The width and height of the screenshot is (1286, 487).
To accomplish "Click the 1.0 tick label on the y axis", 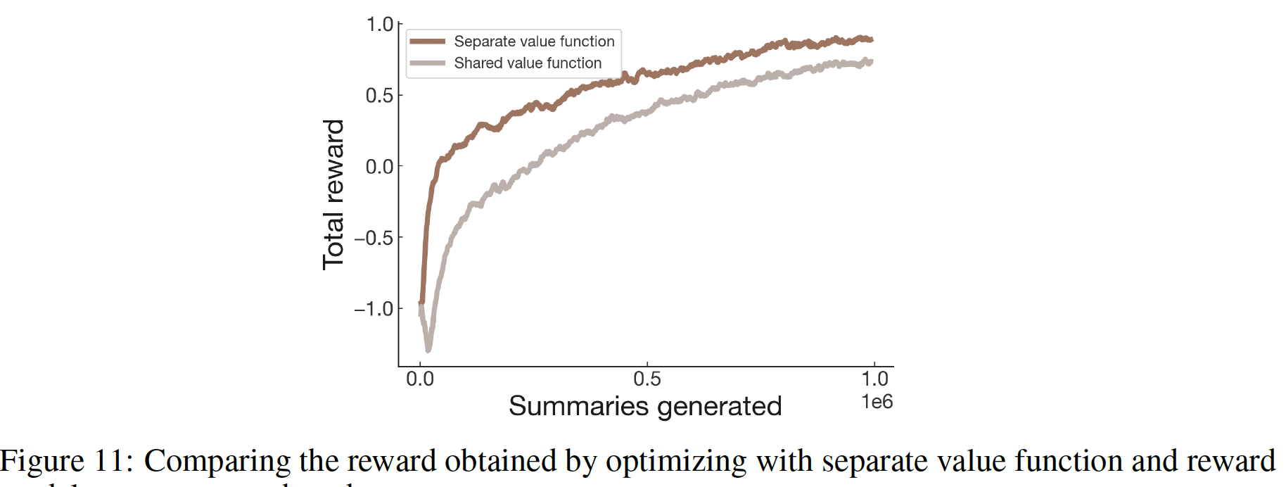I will pyautogui.click(x=379, y=25).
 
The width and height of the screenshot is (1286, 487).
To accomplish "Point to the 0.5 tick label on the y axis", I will pyautogui.click(x=379, y=95).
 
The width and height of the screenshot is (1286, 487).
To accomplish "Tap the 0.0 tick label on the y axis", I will pyautogui.click(x=379, y=167).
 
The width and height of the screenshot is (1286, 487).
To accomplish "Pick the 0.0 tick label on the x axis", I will pyautogui.click(x=420, y=379).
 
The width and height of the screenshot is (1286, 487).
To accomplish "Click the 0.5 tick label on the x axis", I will pyautogui.click(x=647, y=379).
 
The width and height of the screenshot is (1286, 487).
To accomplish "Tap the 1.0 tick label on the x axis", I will pyautogui.click(x=874, y=379).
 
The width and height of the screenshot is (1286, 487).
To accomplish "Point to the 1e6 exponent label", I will pyautogui.click(x=877, y=402).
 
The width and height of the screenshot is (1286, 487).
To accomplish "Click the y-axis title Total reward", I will pyautogui.click(x=333, y=194).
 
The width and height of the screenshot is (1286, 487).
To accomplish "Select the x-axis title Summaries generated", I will pyautogui.click(x=645, y=406).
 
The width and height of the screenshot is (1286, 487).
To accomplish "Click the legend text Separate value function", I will pyautogui.click(x=534, y=42).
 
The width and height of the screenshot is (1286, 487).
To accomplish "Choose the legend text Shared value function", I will pyautogui.click(x=528, y=63).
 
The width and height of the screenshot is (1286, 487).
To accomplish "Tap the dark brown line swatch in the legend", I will pyautogui.click(x=427, y=42).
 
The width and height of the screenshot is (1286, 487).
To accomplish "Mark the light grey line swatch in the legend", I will pyautogui.click(x=427, y=63).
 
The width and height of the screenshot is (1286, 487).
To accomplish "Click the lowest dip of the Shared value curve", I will pyautogui.click(x=428, y=348).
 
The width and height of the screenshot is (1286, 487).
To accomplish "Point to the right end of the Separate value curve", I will pyautogui.click(x=872, y=39).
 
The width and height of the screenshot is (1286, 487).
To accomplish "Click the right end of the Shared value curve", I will pyautogui.click(x=872, y=62).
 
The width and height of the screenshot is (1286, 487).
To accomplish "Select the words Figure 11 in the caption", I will pyautogui.click(x=65, y=462).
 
